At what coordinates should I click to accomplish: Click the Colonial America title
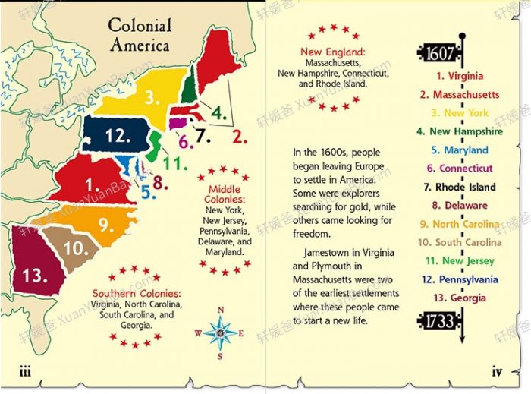point(140,34)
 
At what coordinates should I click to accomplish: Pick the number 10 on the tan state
point(77,247)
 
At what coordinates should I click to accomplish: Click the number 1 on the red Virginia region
point(93,183)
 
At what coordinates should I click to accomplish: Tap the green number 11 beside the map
point(175,163)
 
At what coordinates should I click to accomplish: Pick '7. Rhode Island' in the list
point(460,187)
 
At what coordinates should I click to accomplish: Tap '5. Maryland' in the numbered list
point(461,150)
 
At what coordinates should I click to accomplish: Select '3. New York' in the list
point(460,113)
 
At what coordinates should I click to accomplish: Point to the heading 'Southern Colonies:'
point(137,293)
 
